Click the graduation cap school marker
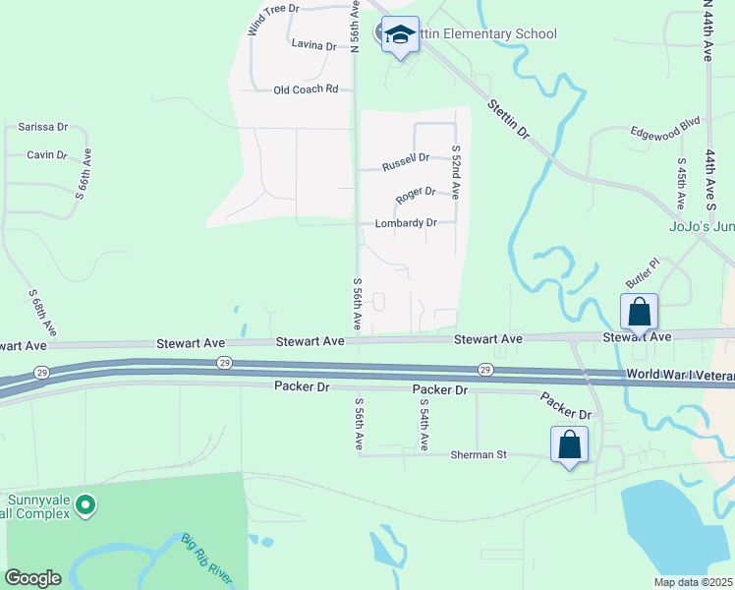399,35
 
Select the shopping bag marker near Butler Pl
639,313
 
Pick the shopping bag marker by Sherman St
570,444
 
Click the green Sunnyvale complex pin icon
85,505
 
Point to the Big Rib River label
208,560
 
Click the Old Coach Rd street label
306,89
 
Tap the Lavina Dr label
313,45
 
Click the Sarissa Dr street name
42,127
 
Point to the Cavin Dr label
46,155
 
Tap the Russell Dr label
406,158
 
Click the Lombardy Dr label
406,223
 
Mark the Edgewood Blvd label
664,127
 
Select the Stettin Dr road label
509,117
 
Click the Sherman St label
478,454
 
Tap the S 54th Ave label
424,425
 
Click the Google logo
32,578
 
